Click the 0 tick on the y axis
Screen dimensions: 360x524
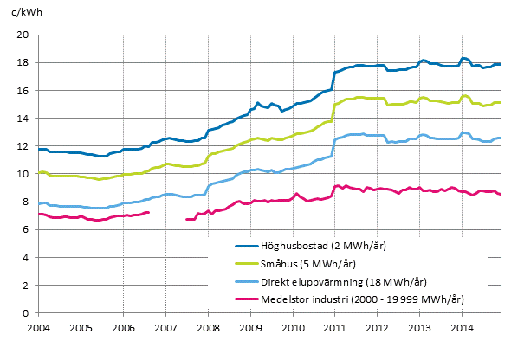click(x=29, y=313)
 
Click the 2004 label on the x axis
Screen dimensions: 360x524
click(x=38, y=330)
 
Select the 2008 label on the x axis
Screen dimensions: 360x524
click(x=208, y=330)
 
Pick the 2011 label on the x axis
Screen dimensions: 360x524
click(x=335, y=330)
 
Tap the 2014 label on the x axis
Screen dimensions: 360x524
click(x=463, y=330)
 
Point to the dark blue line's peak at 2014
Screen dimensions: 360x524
click(x=464, y=58)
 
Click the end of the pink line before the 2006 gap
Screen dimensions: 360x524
click(x=148, y=212)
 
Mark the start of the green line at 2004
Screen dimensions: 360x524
click(x=39, y=173)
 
